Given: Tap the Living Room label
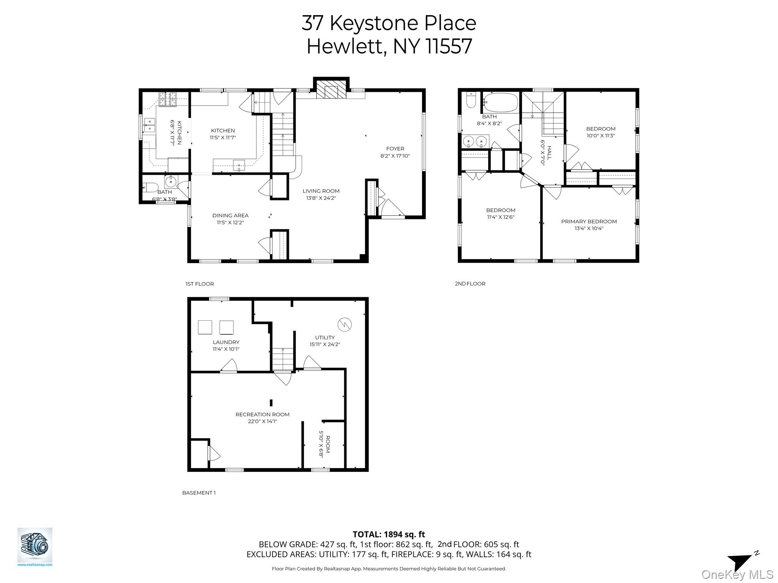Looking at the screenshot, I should (x=321, y=191).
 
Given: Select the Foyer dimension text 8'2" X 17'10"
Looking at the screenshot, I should (x=395, y=156).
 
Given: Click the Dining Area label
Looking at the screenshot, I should (x=230, y=216).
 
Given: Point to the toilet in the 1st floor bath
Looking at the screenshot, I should (x=151, y=187).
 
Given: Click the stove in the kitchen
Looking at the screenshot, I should (x=168, y=99).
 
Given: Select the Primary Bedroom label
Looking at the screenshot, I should (x=589, y=222).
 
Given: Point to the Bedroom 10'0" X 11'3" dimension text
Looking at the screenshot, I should (x=601, y=136).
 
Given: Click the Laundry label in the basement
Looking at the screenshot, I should (x=226, y=342).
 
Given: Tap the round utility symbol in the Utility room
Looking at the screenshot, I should (x=345, y=324).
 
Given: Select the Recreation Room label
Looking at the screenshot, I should (x=262, y=414).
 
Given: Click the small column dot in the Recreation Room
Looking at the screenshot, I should (x=271, y=403).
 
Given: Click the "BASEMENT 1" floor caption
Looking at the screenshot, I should (x=199, y=493).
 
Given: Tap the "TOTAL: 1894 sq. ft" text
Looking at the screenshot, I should (x=389, y=534).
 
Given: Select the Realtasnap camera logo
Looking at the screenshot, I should (x=35, y=546).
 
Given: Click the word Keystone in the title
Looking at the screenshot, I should (x=374, y=23).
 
